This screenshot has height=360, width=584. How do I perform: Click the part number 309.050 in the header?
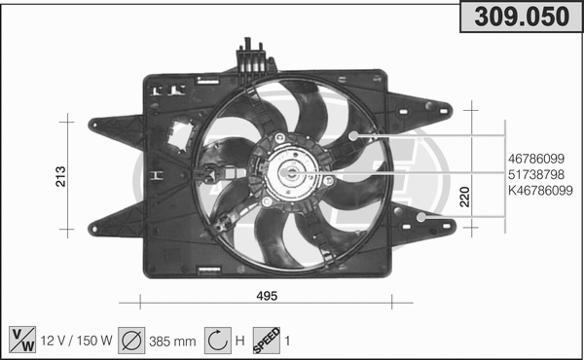(518, 17)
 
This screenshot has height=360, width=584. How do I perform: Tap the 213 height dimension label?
(61, 176)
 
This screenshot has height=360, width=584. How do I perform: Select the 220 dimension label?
(465, 198)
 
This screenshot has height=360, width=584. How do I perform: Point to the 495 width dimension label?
(268, 296)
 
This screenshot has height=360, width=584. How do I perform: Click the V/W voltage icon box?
(20, 340)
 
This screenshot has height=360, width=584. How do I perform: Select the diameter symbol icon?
(132, 340)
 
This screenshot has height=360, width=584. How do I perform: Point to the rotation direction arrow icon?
(217, 340)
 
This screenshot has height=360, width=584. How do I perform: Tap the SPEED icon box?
(268, 340)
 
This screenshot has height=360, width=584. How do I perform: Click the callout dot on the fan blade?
(354, 135)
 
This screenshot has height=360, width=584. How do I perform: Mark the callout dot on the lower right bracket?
(420, 218)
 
